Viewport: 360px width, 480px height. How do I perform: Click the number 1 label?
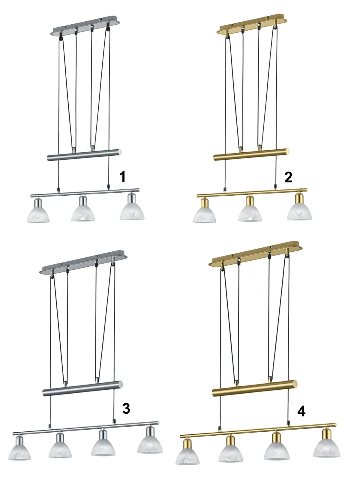pyautogui.click(x=122, y=177)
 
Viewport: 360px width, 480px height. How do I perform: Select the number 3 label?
pyautogui.click(x=126, y=408)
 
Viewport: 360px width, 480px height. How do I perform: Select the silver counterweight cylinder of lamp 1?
pyautogui.click(x=84, y=155)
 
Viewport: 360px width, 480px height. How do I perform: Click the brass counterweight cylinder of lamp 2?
pyautogui.click(x=251, y=154)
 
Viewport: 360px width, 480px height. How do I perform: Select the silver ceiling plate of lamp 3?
pyautogui.click(x=83, y=262)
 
